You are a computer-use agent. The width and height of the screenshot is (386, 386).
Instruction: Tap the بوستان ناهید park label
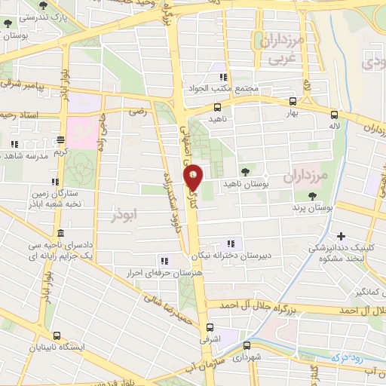244,183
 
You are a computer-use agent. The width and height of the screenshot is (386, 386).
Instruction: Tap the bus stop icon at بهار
293,100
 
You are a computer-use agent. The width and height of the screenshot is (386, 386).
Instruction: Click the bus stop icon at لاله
333,115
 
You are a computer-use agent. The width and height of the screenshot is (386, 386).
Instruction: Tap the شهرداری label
246,357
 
